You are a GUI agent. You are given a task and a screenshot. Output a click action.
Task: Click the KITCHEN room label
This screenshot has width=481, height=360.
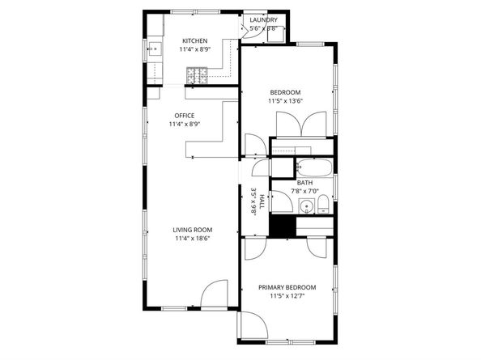point(195,40)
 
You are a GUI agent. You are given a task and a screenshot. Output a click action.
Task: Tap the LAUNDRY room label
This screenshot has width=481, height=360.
point(263,20)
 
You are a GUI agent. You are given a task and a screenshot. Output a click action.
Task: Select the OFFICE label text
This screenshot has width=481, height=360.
point(185,116)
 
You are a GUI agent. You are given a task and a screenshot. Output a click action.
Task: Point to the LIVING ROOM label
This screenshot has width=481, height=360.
point(193,230)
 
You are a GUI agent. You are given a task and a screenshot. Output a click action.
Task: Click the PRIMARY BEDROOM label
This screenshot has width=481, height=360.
point(287,287)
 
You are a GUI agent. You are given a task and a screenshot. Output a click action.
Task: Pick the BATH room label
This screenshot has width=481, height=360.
point(305,183)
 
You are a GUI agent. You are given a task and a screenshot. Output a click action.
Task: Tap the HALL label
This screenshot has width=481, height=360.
point(262,201)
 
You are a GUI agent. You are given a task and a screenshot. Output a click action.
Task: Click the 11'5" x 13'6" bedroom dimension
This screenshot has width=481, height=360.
point(286,101)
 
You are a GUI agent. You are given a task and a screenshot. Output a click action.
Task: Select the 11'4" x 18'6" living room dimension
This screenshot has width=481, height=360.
point(193,239)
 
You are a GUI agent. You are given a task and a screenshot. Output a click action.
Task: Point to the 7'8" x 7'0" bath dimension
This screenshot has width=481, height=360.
point(305,191)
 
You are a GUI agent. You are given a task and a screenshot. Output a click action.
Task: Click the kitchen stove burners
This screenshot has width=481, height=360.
point(197,75)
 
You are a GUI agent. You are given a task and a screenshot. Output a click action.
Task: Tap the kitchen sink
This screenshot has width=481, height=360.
point(155,49)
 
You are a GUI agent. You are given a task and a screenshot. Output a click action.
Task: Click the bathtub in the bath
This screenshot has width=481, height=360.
point(314,167)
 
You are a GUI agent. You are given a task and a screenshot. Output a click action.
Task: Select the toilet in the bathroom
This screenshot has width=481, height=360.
point(323,205)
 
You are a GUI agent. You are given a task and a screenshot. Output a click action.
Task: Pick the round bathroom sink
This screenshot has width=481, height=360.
point(306,206)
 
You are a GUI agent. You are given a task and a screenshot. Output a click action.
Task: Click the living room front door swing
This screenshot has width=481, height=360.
point(214,293)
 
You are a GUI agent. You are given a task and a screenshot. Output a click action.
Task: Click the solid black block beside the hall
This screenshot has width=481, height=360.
point(283,226)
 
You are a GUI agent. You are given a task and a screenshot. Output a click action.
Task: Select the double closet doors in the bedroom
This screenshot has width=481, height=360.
point(301,124)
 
